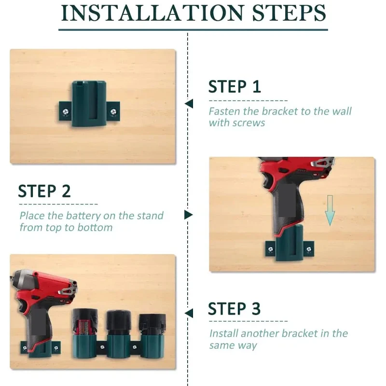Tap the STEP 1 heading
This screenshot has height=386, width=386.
click(234, 87)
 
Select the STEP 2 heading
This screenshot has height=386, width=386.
click(44, 192)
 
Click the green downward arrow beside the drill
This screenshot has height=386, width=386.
click(330, 210)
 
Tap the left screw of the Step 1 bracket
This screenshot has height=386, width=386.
click(64, 112)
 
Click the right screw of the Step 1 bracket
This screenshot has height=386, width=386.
click(113, 112)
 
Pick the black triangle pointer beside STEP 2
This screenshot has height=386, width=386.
click(188, 215)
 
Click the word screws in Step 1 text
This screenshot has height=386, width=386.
click(248, 123)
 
